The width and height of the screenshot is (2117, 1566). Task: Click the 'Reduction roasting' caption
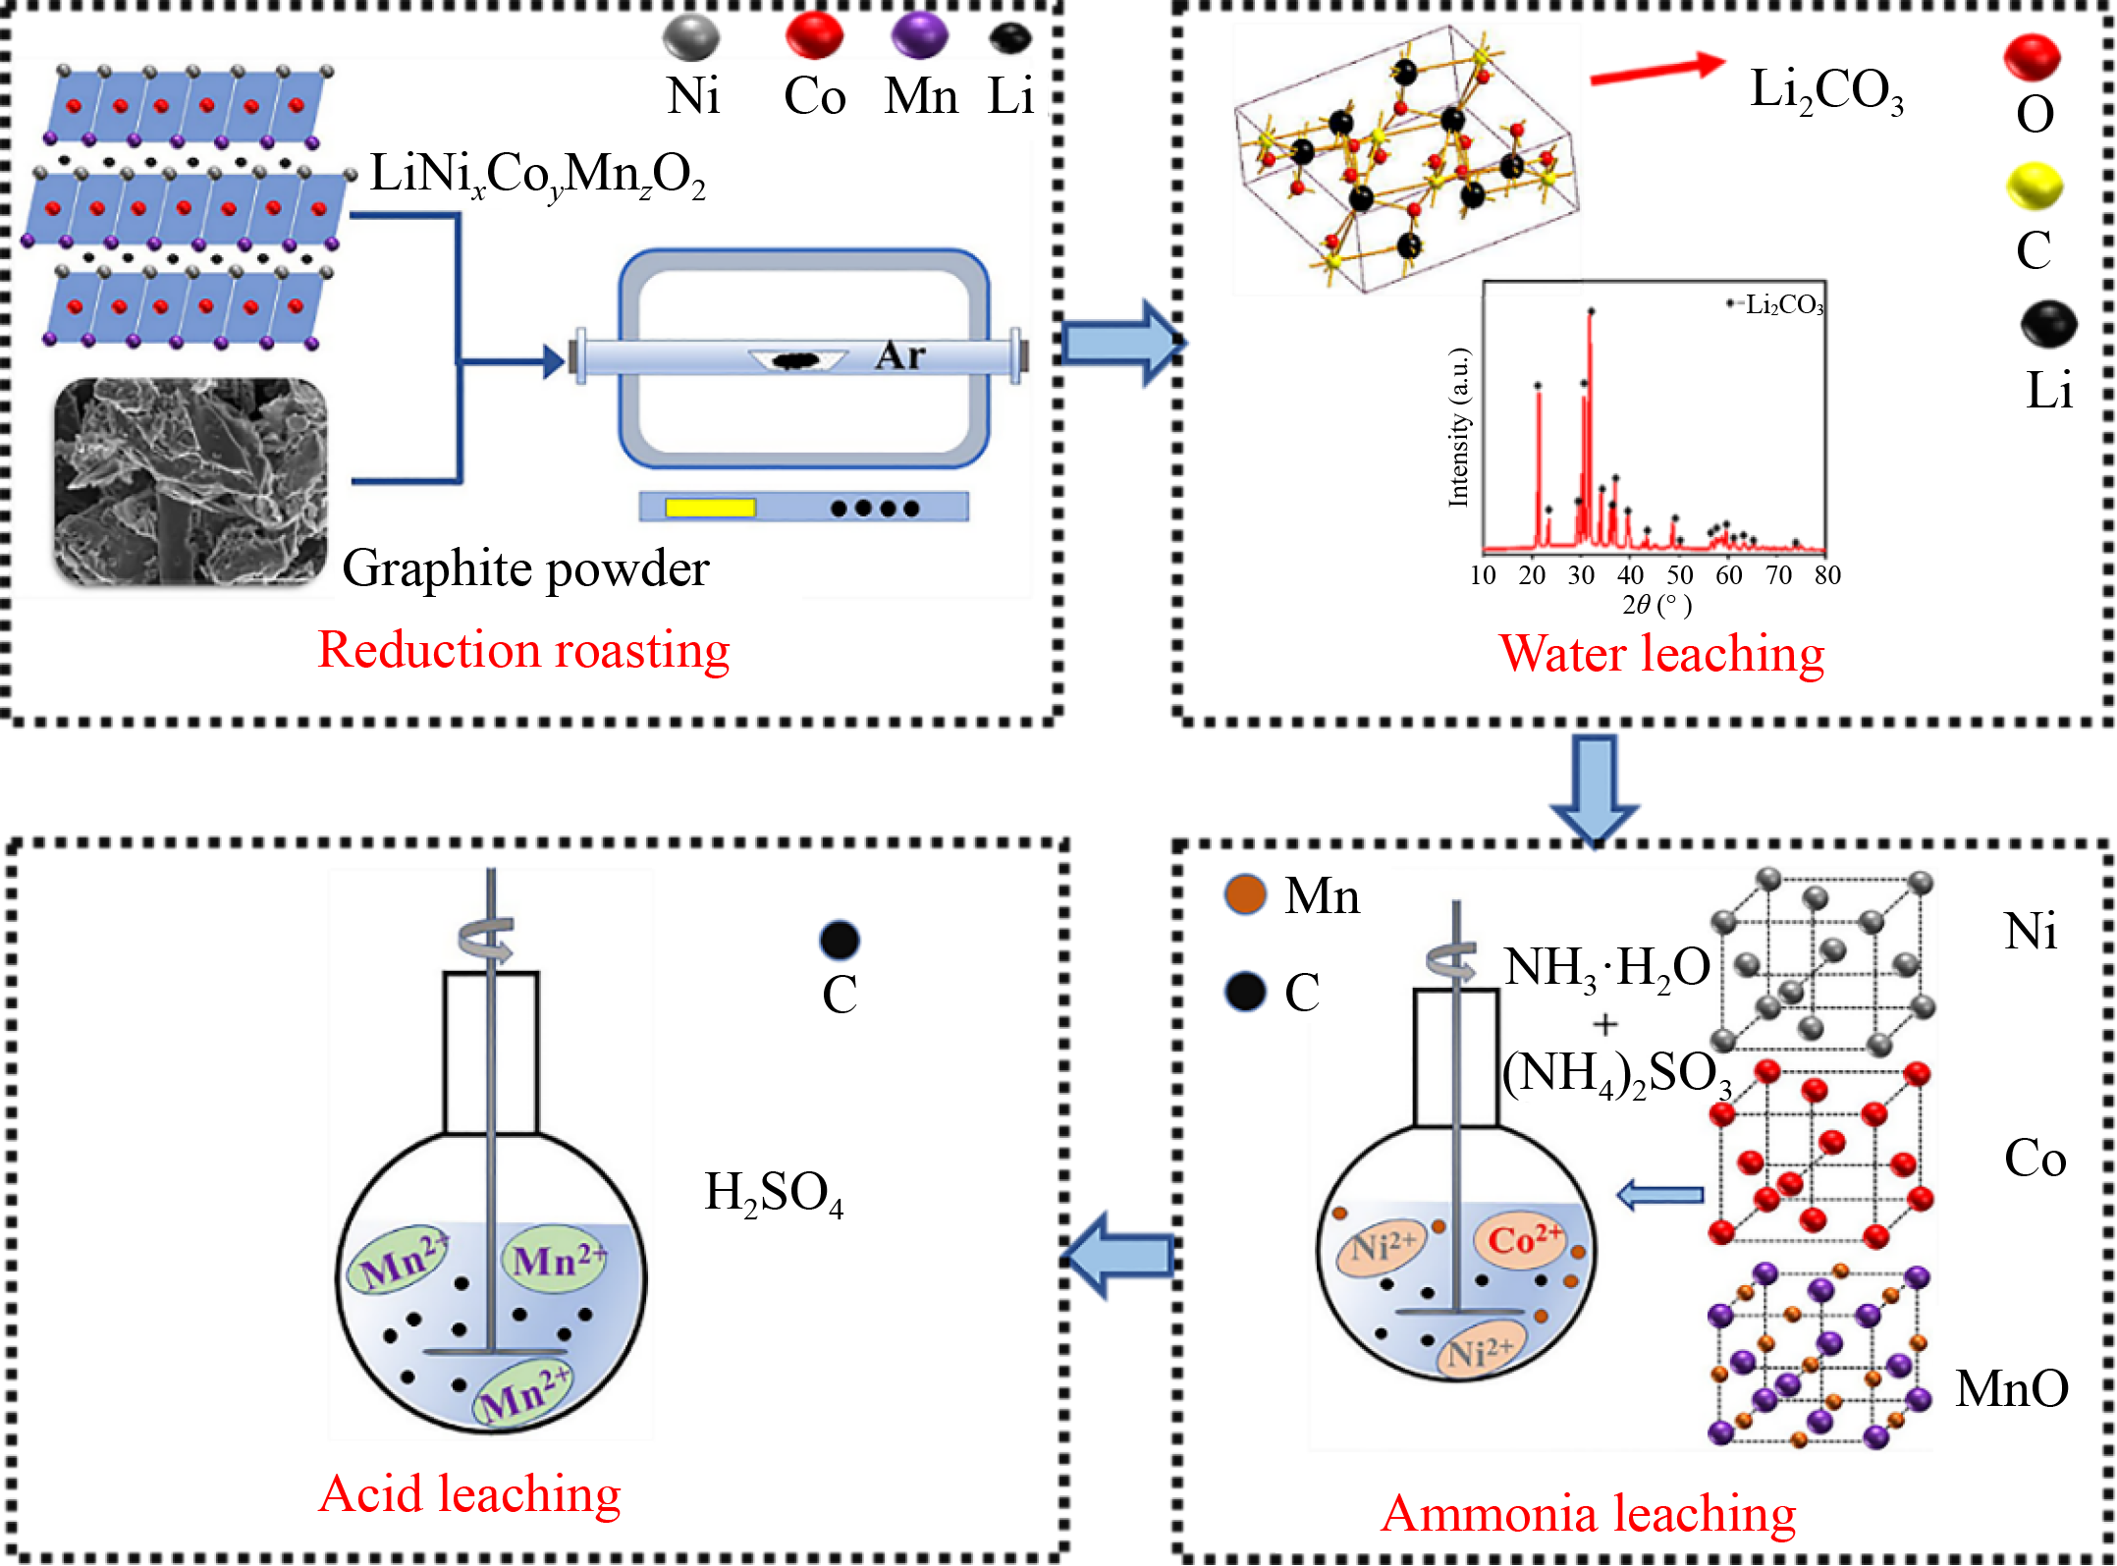[523, 651]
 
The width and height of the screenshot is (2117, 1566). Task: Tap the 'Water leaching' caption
[1661, 654]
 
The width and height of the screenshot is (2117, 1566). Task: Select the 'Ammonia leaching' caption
[1588, 1514]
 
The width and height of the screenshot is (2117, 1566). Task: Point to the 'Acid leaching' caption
[470, 1494]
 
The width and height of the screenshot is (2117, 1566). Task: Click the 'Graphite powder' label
[525, 568]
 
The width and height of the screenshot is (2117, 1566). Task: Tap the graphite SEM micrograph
[190, 482]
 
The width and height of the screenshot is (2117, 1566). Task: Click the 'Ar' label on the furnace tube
[900, 355]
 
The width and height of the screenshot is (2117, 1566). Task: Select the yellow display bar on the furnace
[710, 508]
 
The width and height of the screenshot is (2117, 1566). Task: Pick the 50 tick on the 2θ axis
[1680, 575]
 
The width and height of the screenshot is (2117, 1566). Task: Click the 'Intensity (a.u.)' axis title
[1459, 428]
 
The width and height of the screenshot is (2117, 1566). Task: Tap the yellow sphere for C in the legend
[2034, 187]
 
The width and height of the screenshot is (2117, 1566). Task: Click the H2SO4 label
[774, 1194]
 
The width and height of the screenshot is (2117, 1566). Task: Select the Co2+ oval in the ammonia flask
[1522, 1241]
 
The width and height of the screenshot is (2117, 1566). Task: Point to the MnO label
[2012, 1389]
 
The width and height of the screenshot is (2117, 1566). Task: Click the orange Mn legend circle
[1246, 894]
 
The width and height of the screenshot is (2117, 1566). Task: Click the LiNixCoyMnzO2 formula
[537, 175]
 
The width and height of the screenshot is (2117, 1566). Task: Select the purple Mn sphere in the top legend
[919, 35]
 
